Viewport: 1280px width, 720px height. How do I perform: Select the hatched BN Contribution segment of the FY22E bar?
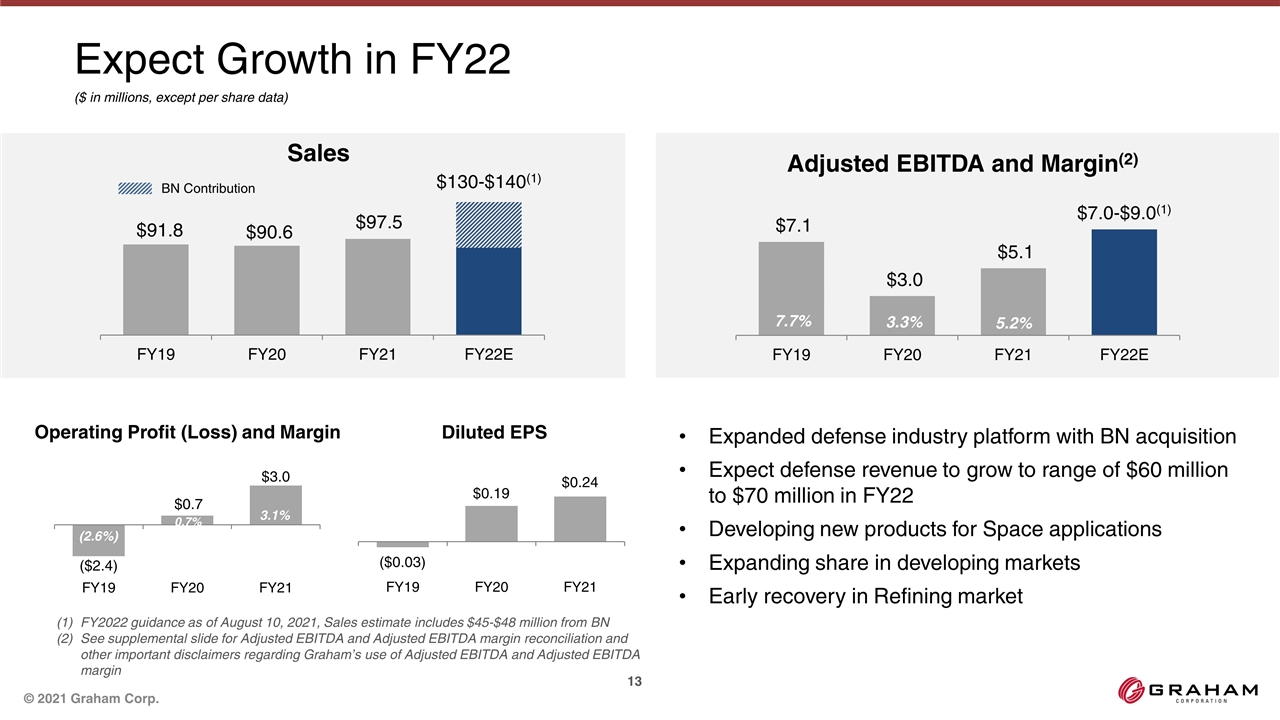[488, 225]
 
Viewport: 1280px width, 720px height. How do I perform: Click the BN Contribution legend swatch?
[135, 188]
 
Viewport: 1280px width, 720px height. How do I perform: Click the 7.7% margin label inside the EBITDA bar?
[791, 321]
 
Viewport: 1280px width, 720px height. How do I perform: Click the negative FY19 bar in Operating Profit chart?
[99, 540]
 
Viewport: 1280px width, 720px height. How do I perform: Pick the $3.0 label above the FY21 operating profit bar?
[276, 476]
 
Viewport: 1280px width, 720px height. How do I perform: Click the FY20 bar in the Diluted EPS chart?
[491, 524]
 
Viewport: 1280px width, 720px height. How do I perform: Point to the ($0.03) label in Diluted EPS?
[402, 563]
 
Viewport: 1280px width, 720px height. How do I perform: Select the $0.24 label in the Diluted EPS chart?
[580, 482]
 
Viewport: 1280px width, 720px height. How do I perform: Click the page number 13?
[633, 681]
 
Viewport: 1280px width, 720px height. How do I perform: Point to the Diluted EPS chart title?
[494, 432]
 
